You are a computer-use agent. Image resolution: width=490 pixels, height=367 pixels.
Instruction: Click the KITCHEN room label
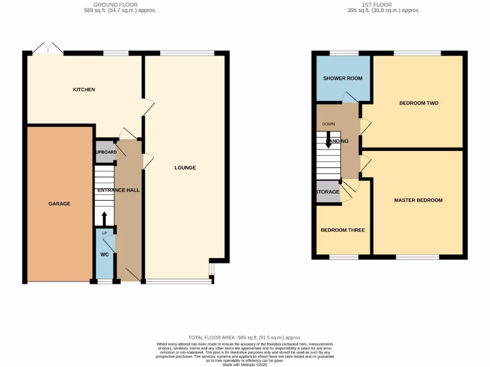point(84,89)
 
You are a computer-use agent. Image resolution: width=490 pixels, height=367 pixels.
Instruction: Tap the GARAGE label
point(59,204)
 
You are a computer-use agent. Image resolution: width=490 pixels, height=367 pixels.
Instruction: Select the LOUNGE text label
point(185,168)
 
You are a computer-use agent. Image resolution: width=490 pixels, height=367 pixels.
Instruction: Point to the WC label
point(104,255)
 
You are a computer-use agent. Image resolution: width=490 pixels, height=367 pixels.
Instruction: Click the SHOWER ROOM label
point(343,78)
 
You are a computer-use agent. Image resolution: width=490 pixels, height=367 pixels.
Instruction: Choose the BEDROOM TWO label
point(419,103)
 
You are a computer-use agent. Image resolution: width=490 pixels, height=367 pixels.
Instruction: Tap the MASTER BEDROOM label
point(418,200)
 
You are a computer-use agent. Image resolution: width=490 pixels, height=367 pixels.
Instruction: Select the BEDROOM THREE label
point(343,230)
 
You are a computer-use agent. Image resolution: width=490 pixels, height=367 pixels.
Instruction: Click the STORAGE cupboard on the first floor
point(328,192)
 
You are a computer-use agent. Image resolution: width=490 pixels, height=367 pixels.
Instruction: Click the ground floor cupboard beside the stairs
point(105,152)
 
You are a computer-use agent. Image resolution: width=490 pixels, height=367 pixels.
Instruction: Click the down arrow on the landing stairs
point(328,142)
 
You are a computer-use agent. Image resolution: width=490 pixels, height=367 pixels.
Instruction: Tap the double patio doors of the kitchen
point(48,48)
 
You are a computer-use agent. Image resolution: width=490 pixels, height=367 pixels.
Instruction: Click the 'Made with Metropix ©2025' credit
point(245,365)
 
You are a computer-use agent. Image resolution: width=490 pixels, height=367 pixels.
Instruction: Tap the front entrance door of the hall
point(130,275)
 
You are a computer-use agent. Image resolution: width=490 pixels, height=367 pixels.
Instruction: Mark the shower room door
point(350,97)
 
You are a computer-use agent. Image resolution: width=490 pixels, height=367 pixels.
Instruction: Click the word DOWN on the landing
point(328,124)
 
